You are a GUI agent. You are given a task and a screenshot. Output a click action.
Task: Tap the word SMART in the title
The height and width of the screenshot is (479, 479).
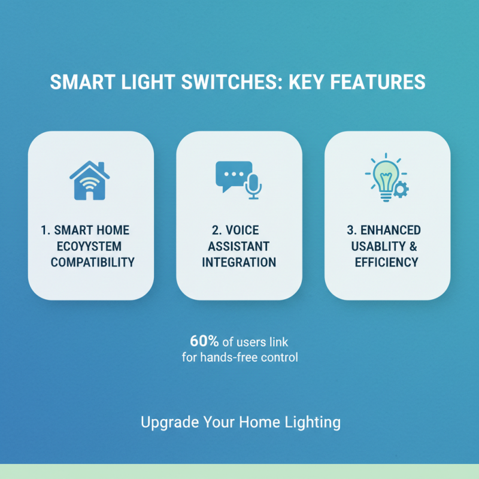click(x=77, y=82)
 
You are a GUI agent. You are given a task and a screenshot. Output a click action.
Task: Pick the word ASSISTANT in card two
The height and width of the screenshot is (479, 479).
click(x=239, y=246)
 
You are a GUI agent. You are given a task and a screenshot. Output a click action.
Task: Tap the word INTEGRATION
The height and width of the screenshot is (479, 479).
click(x=239, y=262)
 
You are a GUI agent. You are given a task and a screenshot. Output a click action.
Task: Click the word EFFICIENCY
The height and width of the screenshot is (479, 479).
click(x=386, y=262)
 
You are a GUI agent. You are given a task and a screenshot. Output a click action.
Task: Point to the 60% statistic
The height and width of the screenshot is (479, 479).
click(x=202, y=341)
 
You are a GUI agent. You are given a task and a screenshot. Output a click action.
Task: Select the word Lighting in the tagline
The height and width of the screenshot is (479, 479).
click(x=313, y=422)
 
